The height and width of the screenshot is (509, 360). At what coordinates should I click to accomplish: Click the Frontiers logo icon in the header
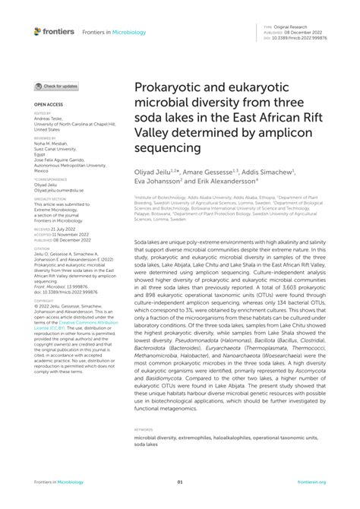(x=37, y=30)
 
